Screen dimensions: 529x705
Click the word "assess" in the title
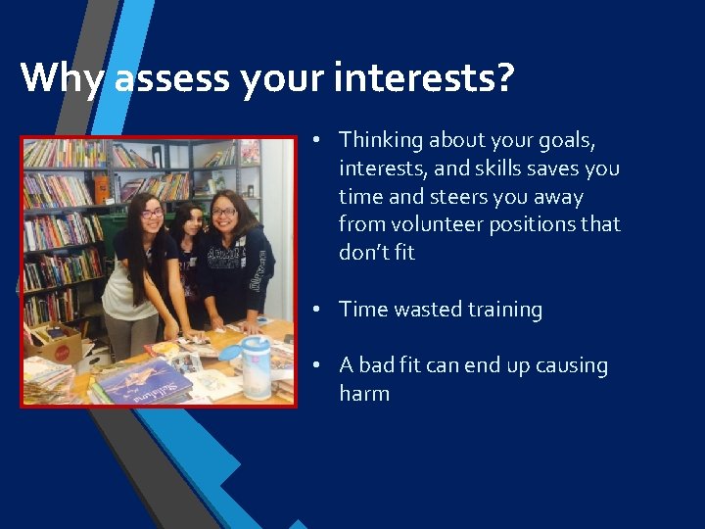tap(170, 76)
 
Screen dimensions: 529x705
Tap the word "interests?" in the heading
tap(423, 76)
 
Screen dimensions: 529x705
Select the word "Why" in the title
tap(61, 76)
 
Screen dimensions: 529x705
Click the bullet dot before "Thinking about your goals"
tap(318, 140)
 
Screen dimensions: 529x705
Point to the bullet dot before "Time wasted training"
tap(318, 310)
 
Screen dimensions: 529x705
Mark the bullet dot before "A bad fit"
tap(318, 366)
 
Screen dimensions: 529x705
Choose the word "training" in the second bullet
tap(504, 310)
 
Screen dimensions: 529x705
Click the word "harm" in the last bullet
tap(364, 394)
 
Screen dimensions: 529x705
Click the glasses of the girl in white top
tap(152, 214)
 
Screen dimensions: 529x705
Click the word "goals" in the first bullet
tap(584, 140)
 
